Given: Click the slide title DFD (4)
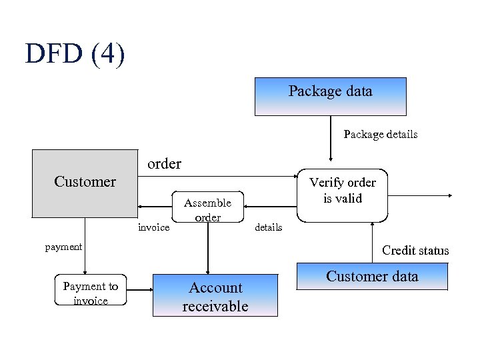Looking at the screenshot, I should pos(75,54).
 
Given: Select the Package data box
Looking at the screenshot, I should pos(330,96).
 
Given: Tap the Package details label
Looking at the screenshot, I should pos(380,135).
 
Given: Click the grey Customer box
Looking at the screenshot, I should pos(85,183).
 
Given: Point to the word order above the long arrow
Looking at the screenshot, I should pos(164,163).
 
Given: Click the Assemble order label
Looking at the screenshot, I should pos(207,209).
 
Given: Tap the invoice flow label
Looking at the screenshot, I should pos(153,228).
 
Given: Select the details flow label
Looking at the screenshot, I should pos(269,227).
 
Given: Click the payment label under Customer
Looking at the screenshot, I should pos(63,247).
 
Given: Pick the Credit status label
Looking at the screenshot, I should pos(415,251).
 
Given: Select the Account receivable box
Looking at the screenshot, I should pos(215,297).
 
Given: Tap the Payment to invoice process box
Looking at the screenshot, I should pos(90,293).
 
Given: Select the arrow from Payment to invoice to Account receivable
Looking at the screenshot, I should pos(139,290).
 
